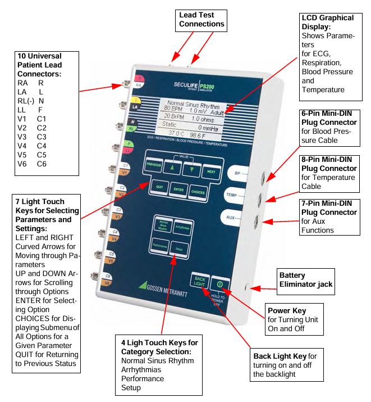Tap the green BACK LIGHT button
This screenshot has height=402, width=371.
199,281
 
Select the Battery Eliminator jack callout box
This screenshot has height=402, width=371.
305,279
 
